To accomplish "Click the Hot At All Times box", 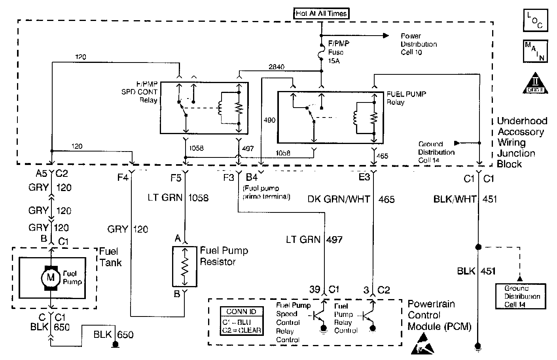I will point(321,13).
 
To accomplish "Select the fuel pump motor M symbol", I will point(50,277).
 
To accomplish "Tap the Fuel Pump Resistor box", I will point(184,266).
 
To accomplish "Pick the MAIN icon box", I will point(535,51).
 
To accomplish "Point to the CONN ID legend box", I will point(241,321).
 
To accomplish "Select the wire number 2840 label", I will point(276,67).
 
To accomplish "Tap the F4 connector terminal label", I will point(123,178).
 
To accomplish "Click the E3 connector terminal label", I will point(364,177).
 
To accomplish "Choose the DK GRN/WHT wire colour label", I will point(339,199).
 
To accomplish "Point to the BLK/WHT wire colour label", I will point(455,199).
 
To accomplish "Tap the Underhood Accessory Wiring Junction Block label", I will point(521,142).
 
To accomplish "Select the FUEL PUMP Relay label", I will point(406,98).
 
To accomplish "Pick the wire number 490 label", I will point(269,120).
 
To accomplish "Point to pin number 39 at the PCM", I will point(314,290).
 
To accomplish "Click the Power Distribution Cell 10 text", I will point(419,44).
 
